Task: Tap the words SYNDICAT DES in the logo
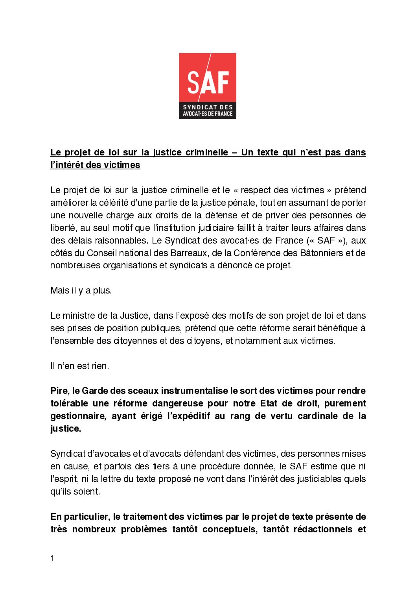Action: point(208,107)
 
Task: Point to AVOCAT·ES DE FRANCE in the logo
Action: point(208,114)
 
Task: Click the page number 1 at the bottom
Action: point(52,558)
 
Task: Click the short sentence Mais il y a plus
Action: point(81,290)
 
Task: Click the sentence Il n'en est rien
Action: point(80,366)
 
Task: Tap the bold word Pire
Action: point(59,391)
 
